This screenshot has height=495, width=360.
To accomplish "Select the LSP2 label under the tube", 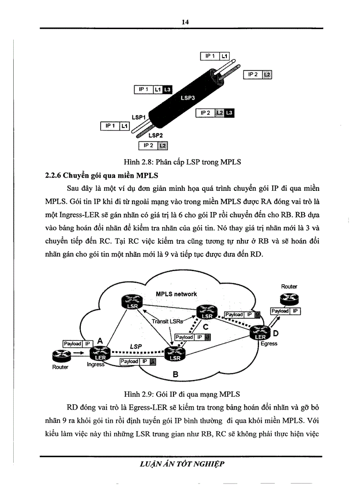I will pyautogui.click(x=156, y=136).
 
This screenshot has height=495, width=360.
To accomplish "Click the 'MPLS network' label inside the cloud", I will pyautogui.click(x=176, y=294).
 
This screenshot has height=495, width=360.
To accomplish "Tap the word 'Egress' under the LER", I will pyautogui.click(x=269, y=344).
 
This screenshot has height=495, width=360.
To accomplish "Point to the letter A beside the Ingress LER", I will pyautogui.click(x=99, y=340).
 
